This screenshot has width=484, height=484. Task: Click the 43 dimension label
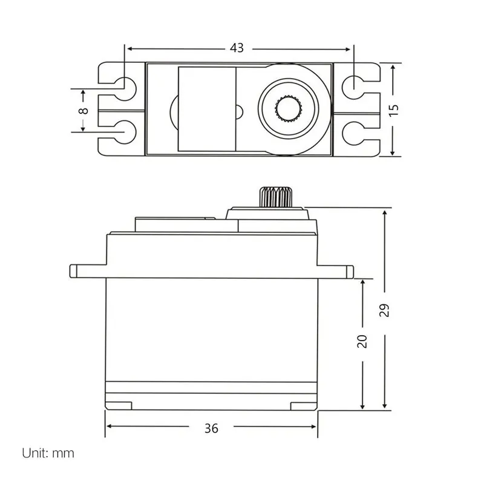[237, 48]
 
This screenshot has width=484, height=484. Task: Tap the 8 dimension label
[83, 111]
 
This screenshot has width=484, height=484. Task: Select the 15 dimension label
[394, 110]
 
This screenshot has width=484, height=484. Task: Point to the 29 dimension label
[384, 310]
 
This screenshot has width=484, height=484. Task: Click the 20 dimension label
[362, 341]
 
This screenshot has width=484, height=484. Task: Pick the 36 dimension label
[211, 428]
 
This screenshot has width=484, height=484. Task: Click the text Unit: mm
[48, 453]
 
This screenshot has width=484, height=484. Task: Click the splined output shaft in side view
[276, 197]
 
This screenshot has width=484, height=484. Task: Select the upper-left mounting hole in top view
[125, 88]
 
